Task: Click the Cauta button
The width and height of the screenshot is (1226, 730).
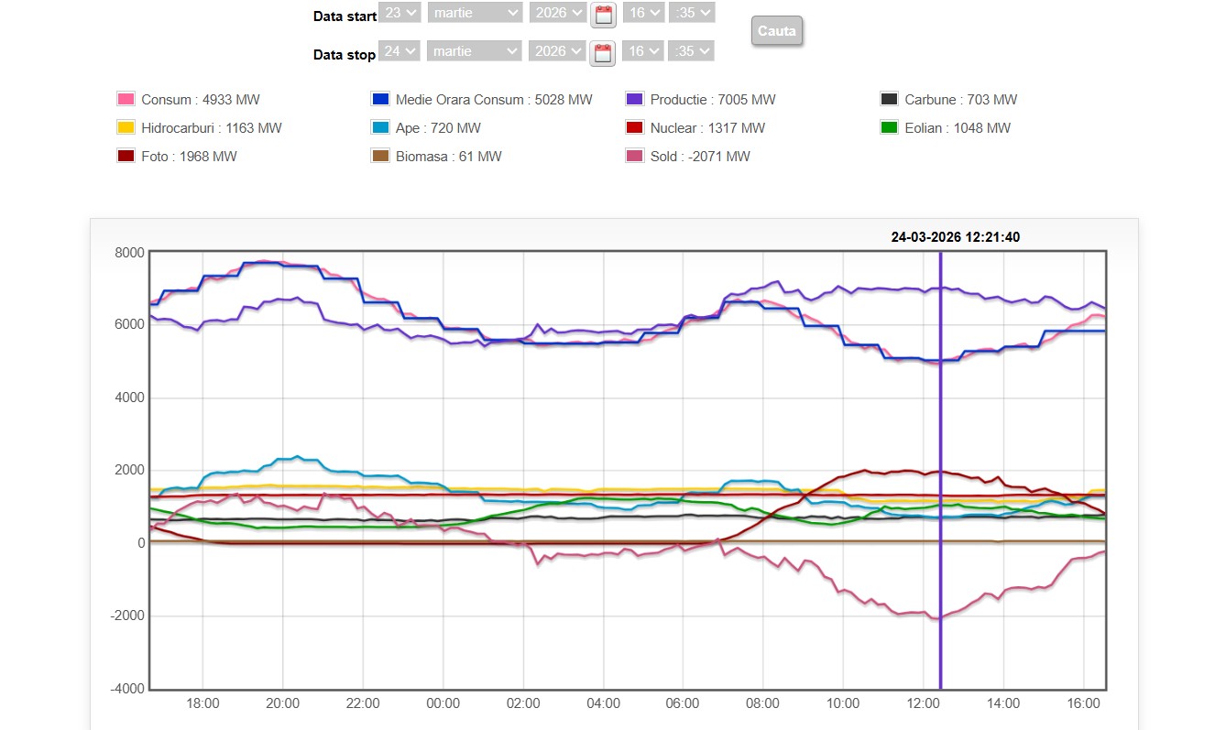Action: [776, 31]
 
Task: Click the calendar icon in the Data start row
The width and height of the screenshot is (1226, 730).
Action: [602, 14]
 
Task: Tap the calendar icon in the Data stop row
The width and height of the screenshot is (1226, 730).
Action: [602, 53]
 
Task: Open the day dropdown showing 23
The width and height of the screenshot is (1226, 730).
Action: [400, 13]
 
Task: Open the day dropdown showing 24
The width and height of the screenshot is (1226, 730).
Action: [400, 51]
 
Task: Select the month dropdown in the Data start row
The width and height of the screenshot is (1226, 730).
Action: [474, 13]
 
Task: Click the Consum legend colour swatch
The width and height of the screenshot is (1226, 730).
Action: [126, 100]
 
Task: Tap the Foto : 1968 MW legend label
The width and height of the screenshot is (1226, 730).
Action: [189, 157]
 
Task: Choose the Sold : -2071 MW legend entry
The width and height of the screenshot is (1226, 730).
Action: [699, 157]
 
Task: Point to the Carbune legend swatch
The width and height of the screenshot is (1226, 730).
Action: [889, 100]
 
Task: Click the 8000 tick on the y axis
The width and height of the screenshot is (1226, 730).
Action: [128, 252]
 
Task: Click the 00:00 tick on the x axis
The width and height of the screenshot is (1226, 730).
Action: [443, 703]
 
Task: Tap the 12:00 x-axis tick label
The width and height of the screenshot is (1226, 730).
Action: [923, 703]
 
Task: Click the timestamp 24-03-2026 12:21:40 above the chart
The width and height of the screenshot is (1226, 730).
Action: [955, 237]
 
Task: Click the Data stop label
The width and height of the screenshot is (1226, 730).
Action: [345, 55]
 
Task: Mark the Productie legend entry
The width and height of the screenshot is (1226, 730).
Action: [712, 100]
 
